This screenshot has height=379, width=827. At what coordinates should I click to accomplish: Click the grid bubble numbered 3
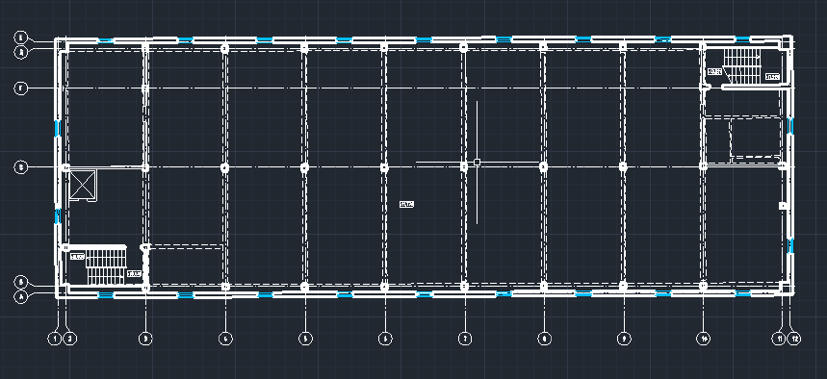pos(145,338)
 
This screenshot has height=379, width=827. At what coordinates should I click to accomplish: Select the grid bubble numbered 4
pos(225,338)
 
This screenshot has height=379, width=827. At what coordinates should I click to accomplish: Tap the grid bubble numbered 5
pos(305,338)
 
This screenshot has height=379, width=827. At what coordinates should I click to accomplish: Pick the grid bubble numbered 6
pos(385,338)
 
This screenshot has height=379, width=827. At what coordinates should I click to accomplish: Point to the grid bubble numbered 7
pos(464,338)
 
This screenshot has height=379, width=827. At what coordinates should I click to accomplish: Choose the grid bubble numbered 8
pos(544,338)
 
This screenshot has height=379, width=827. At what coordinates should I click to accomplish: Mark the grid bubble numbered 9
pos(624,338)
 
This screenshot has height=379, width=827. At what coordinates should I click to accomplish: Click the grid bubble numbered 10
pos(704,338)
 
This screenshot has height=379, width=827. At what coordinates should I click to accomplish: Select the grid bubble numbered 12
pos(794,338)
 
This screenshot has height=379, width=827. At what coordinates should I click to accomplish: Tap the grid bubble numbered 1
pos(55,338)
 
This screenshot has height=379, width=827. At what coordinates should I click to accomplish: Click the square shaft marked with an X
pos(84,185)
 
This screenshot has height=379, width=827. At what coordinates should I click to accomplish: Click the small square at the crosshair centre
pos(477,163)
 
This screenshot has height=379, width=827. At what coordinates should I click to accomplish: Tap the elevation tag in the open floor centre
pos(405,204)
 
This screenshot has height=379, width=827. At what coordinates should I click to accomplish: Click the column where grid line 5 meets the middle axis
pos(305,166)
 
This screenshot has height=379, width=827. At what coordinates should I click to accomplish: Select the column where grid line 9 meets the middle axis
pos(624,166)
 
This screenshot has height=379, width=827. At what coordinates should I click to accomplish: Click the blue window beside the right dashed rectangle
pos(789,126)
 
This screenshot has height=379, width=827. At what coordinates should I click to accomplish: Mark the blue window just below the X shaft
pos(59,215)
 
